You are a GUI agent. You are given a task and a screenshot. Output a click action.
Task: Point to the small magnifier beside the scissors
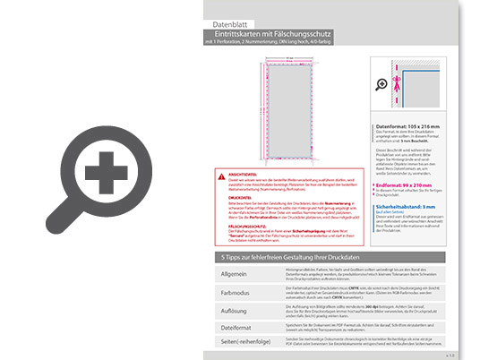pos(382,83)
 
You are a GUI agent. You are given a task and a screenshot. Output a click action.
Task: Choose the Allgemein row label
pos(234,272)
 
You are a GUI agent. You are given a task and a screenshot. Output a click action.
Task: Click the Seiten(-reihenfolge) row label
pos(247,344)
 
